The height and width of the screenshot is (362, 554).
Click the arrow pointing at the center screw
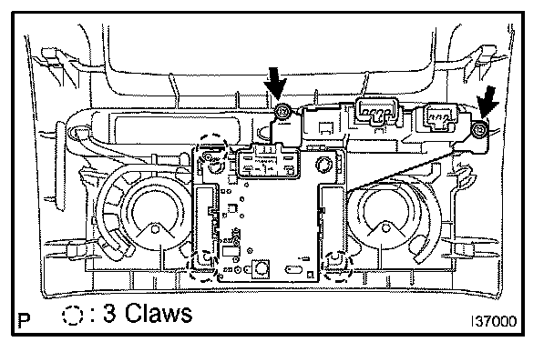coord(276,84)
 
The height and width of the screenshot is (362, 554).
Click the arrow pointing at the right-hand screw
coord(487,102)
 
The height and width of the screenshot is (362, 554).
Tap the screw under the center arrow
coord(282,112)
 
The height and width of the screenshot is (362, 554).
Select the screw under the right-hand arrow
coord(480,130)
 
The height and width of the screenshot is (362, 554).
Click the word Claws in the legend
coord(159,313)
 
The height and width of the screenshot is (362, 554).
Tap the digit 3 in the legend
coord(109,313)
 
